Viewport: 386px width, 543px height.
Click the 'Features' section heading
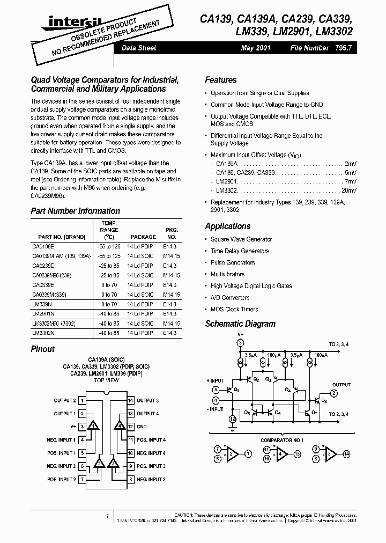tap(220, 80)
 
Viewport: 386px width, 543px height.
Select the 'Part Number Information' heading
tap(75, 211)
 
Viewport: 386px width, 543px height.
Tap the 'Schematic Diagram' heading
tap(240, 324)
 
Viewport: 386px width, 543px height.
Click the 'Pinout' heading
tap(42, 349)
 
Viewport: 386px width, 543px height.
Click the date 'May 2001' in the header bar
tap(256, 48)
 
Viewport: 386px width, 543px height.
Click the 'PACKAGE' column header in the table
tap(142, 237)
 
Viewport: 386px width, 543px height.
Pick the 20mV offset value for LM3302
tap(348, 190)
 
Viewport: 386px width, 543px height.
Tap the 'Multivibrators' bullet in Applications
tap(227, 274)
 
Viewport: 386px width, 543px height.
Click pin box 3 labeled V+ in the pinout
tap(82, 427)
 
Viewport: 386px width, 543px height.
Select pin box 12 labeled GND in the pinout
tap(130, 427)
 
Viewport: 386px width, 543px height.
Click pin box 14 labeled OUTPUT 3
tap(130, 400)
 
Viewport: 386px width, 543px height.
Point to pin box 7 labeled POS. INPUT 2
tap(82, 479)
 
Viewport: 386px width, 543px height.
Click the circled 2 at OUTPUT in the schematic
tap(333, 393)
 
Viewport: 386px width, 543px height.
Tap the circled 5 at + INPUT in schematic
tap(216, 390)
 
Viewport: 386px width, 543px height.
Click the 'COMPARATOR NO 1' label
tap(282, 440)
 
